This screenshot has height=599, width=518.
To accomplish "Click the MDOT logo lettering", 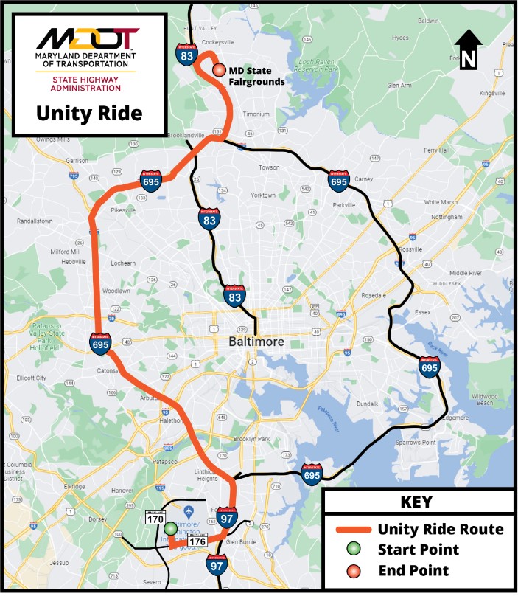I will click(x=87, y=38).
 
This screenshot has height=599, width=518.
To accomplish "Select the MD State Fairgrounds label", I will click(x=256, y=76).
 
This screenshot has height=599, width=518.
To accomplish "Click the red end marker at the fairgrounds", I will click(x=219, y=69).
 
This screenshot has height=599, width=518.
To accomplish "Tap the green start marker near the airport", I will click(x=170, y=528).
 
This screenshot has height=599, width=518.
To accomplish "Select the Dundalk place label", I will click(x=388, y=404).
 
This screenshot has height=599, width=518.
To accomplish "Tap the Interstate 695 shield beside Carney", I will click(x=338, y=179).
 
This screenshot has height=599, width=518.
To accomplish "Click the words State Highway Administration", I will click(x=85, y=83).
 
